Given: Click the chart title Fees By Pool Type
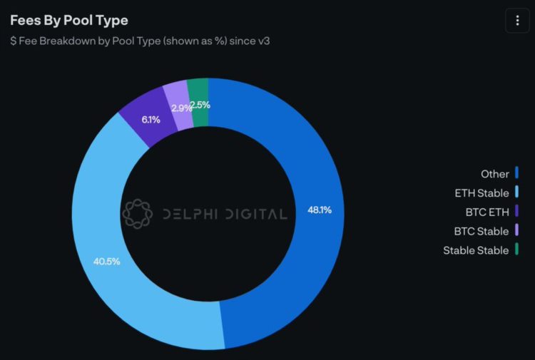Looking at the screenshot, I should (69, 20).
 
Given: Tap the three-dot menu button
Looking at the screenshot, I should (517, 20).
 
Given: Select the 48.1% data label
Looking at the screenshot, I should (320, 210).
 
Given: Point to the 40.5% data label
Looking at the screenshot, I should (106, 261).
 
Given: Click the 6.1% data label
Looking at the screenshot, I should (151, 120).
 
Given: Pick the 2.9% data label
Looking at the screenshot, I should (181, 108).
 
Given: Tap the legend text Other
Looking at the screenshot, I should (495, 174).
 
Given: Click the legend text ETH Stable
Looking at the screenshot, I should (482, 193).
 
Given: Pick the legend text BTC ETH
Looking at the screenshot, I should (486, 212).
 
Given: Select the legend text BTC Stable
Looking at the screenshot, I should (481, 231).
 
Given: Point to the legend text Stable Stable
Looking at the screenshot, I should (476, 250).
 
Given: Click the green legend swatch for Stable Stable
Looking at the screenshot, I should (516, 250).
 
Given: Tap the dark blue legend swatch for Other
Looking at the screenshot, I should (516, 173).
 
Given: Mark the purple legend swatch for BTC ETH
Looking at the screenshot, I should (516, 212).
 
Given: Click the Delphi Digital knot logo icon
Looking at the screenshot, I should (138, 213).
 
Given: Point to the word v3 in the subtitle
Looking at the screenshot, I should (263, 41).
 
